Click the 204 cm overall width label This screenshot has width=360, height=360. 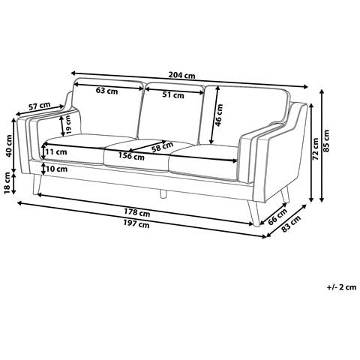[181, 75]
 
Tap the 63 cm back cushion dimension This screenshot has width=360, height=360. [106, 91]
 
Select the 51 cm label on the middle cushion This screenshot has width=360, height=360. [173, 95]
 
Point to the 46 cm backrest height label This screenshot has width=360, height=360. [219, 115]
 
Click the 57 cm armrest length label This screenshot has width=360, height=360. [40, 106]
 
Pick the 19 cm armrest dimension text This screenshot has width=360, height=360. [68, 124]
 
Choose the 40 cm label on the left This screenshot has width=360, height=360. [9, 146]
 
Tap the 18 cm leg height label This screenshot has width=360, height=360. [7, 183]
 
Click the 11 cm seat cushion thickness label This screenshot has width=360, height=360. [56, 151]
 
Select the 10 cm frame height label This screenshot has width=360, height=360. [56, 169]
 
